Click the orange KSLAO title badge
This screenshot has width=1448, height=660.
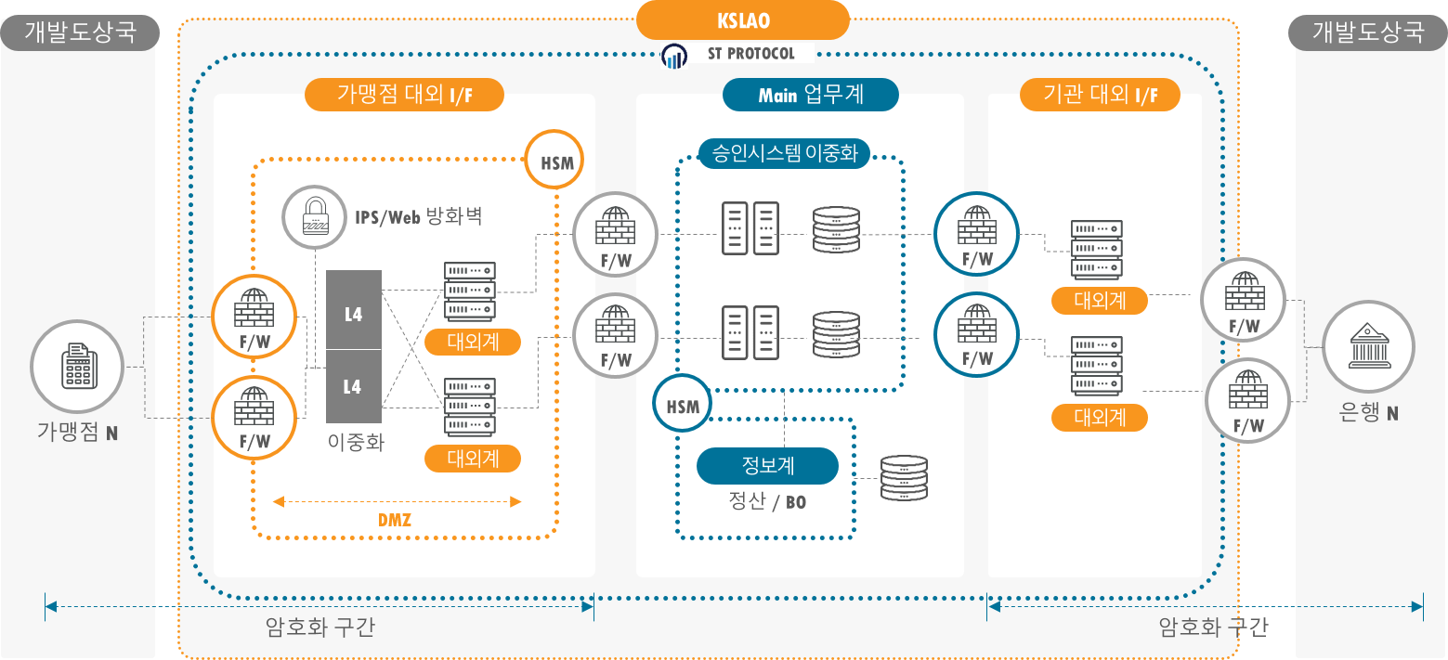pyautogui.click(x=743, y=19)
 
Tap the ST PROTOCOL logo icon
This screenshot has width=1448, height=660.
pyautogui.click(x=674, y=55)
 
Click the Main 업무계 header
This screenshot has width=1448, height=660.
pyautogui.click(x=811, y=95)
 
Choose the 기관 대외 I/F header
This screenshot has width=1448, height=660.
pyautogui.click(x=1100, y=95)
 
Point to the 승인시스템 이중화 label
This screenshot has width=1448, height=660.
pyautogui.click(x=784, y=153)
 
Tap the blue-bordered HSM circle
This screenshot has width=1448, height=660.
pyautogui.click(x=683, y=405)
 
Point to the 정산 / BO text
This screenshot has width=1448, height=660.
pyautogui.click(x=767, y=502)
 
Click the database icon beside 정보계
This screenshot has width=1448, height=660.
pyautogui.click(x=903, y=479)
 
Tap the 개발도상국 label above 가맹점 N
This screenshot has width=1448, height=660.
pyautogui.click(x=79, y=32)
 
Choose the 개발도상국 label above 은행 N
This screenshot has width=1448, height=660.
pyautogui.click(x=1367, y=32)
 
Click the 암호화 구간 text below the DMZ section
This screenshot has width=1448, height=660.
pyautogui.click(x=320, y=628)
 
